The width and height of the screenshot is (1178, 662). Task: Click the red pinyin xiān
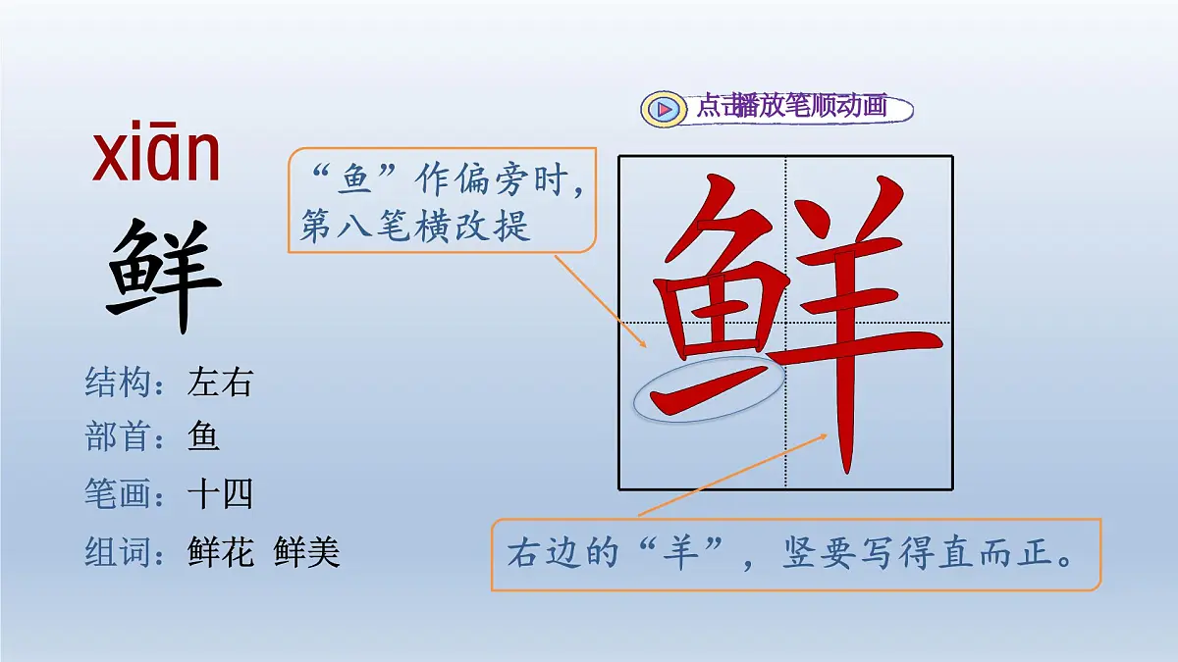click(x=156, y=157)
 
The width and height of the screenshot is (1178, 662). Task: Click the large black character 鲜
click(x=164, y=276)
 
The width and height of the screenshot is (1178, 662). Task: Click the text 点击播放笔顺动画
click(x=791, y=106)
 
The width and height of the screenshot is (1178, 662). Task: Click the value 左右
click(x=220, y=382)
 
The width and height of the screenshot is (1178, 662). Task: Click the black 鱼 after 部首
click(x=203, y=437)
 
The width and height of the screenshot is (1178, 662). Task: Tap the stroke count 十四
click(x=220, y=494)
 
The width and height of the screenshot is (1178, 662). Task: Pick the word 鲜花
click(x=220, y=552)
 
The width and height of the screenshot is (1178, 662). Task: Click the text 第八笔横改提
click(x=415, y=227)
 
